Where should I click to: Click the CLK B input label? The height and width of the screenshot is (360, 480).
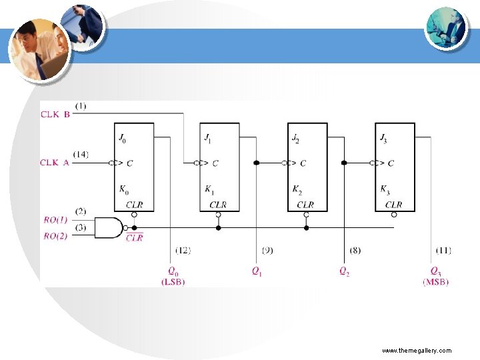pos(55,113)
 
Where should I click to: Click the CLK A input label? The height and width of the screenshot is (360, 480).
pos(55,162)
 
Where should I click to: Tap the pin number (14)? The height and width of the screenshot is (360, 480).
pos(81,155)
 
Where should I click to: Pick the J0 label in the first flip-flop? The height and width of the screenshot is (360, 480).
pos(122,139)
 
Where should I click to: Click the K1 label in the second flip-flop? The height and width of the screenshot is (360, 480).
pos(210,189)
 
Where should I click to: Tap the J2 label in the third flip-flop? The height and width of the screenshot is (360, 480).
pos(296,139)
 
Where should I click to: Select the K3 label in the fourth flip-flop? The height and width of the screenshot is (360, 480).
pos(384,189)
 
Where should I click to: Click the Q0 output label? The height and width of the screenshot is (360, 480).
pos(173,271)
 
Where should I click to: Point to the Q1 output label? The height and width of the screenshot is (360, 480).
pos(257,271)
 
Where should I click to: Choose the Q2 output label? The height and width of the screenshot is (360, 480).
pos(344,271)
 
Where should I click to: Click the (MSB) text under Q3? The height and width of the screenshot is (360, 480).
pos(435,282)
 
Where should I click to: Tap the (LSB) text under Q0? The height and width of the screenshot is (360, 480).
pos(173,282)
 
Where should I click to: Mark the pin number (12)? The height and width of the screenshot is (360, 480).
pos(183,250)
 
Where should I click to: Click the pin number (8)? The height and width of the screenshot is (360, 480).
pos(356,250)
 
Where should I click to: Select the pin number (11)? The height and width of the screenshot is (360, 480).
pos(443,250)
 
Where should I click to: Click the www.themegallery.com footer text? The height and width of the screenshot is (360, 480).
pos(417,350)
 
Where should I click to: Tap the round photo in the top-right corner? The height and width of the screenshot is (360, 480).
pos(446,27)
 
